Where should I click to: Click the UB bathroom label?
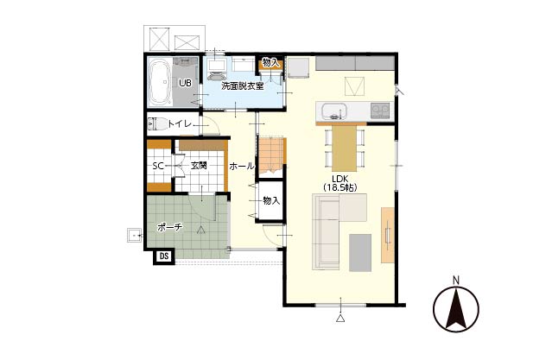(185, 83)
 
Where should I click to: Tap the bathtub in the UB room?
(160, 82)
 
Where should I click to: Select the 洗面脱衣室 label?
(243, 86)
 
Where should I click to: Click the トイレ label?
(180, 124)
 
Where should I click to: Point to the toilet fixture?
(157, 123)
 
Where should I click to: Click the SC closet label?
(158, 166)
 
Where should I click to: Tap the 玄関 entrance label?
(199, 166)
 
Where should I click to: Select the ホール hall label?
(241, 166)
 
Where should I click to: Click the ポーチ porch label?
(170, 227)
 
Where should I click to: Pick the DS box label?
(164, 256)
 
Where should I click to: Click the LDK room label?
(339, 179)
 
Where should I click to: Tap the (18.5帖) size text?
(339, 187)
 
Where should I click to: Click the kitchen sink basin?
(334, 111)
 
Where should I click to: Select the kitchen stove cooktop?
(380, 110)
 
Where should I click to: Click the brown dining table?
(345, 148)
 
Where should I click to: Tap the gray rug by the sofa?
(360, 253)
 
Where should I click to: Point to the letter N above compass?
(456, 281)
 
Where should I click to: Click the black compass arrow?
(455, 308)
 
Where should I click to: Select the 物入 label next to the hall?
(271, 201)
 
